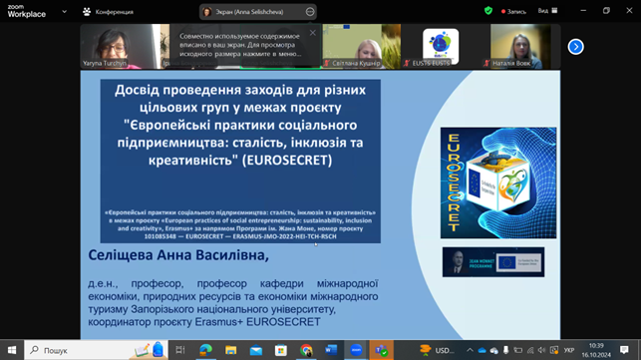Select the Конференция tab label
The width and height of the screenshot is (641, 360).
point(114,12)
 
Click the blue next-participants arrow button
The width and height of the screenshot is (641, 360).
point(575,47)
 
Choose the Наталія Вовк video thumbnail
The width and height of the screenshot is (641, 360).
point(524,46)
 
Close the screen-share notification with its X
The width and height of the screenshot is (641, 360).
point(312,32)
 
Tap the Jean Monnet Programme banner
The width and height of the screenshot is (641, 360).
point(492,261)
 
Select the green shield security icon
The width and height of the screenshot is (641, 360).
point(488,11)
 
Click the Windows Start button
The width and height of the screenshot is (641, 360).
point(11,350)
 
